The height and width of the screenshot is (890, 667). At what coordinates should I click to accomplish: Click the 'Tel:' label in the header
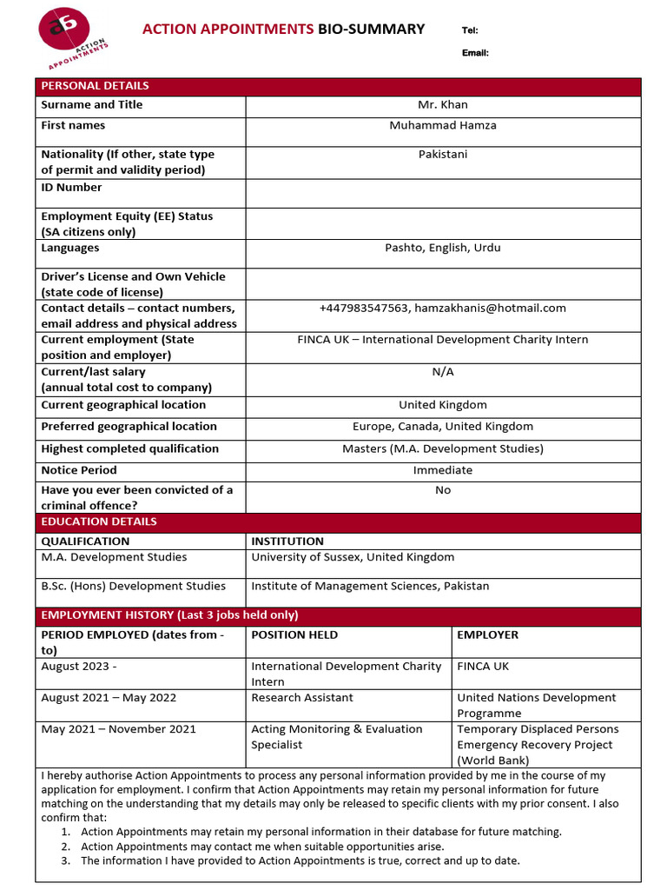(x=470, y=30)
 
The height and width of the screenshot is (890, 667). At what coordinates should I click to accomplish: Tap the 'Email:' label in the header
(x=475, y=53)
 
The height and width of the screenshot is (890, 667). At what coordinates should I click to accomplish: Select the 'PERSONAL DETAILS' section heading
(x=96, y=86)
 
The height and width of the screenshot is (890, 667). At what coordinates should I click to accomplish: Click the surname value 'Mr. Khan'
(x=443, y=105)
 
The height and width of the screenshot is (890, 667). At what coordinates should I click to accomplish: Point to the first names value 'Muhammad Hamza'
(x=443, y=126)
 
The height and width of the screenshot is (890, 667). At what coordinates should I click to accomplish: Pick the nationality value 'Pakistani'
(x=443, y=155)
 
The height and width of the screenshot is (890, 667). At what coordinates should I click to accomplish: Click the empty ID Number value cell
(x=443, y=192)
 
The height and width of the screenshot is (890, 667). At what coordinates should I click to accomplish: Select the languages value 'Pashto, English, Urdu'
(x=443, y=249)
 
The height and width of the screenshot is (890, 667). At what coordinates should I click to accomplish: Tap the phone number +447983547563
(x=364, y=309)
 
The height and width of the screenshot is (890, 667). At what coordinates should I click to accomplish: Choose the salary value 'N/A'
(x=443, y=372)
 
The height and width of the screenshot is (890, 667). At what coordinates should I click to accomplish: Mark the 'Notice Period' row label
(x=79, y=470)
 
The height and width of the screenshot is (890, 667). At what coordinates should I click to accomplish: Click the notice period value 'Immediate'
(x=443, y=470)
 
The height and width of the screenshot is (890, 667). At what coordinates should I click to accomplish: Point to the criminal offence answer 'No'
(x=443, y=490)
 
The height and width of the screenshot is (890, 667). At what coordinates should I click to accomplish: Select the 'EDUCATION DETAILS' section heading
(x=99, y=521)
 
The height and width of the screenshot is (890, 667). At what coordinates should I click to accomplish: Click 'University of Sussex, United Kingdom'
(x=353, y=557)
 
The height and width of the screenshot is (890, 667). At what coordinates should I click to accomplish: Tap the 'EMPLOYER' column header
(x=488, y=635)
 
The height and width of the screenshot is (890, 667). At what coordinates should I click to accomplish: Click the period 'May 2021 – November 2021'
(x=119, y=729)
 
